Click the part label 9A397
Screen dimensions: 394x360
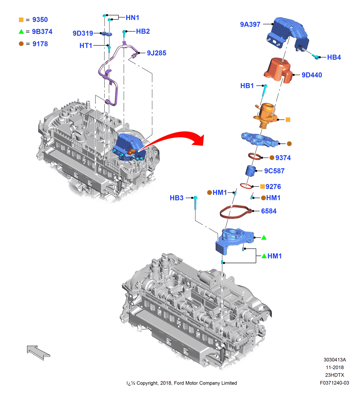[250, 25]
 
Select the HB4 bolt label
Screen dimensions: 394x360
[334, 57]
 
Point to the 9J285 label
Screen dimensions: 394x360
[156, 53]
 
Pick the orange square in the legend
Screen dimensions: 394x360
[21, 20]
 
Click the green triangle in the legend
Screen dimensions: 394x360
[21, 32]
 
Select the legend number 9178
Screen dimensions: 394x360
[40, 44]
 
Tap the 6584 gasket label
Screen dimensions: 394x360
[269, 211]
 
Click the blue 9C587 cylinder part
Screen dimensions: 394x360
[251, 170]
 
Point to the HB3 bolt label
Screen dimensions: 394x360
[176, 198]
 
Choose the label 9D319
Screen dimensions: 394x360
[83, 33]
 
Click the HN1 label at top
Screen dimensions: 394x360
[132, 18]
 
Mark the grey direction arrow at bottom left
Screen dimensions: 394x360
[38, 352]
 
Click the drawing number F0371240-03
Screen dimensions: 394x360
[334, 383]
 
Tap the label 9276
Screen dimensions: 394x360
[273, 187]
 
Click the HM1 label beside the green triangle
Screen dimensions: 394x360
[274, 256]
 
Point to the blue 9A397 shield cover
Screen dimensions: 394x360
[287, 33]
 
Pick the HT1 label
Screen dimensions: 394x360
[86, 46]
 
